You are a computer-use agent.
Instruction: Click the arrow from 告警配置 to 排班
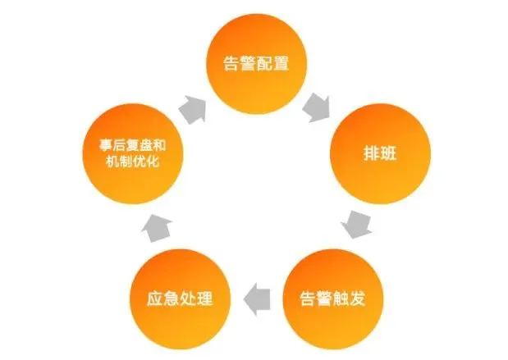click(x=316, y=105)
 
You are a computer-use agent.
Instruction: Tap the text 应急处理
click(x=177, y=296)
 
